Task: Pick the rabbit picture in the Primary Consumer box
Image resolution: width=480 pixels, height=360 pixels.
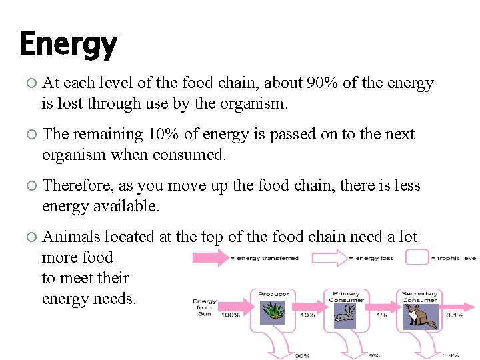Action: (x=345, y=317)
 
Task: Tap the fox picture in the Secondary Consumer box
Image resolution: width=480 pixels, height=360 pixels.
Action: (x=420, y=316)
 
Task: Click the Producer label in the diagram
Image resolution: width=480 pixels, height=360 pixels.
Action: (x=273, y=293)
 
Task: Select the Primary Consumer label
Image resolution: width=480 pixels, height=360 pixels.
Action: (x=346, y=297)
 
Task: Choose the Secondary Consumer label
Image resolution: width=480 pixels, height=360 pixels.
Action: (x=420, y=297)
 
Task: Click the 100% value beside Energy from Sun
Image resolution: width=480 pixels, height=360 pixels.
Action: (x=230, y=315)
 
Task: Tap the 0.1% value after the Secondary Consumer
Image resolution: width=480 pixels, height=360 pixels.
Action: (x=454, y=315)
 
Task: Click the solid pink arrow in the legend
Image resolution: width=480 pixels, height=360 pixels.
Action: (x=210, y=258)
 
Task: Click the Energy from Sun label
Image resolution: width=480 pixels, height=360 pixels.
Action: (x=205, y=307)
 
